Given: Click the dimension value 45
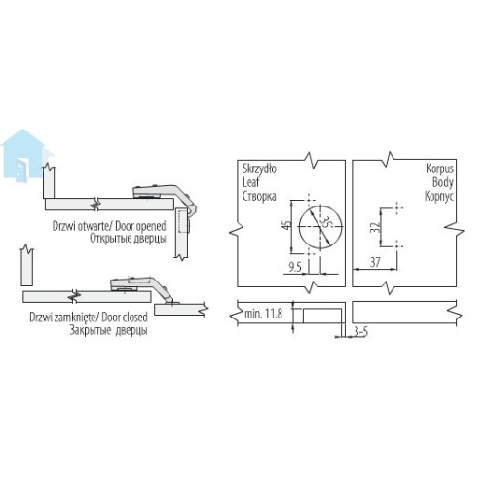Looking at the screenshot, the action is [x=286, y=225].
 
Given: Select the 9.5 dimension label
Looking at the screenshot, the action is [x=295, y=267].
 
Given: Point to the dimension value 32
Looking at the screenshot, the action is [x=375, y=227].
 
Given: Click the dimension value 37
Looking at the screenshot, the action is [x=375, y=262].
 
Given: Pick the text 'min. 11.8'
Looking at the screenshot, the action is [x=263, y=314].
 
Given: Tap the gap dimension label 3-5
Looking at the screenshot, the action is [x=360, y=332].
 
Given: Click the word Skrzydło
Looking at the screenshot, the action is [x=259, y=169].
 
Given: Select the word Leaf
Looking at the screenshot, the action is [x=251, y=182].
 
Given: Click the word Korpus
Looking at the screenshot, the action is [x=439, y=169].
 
